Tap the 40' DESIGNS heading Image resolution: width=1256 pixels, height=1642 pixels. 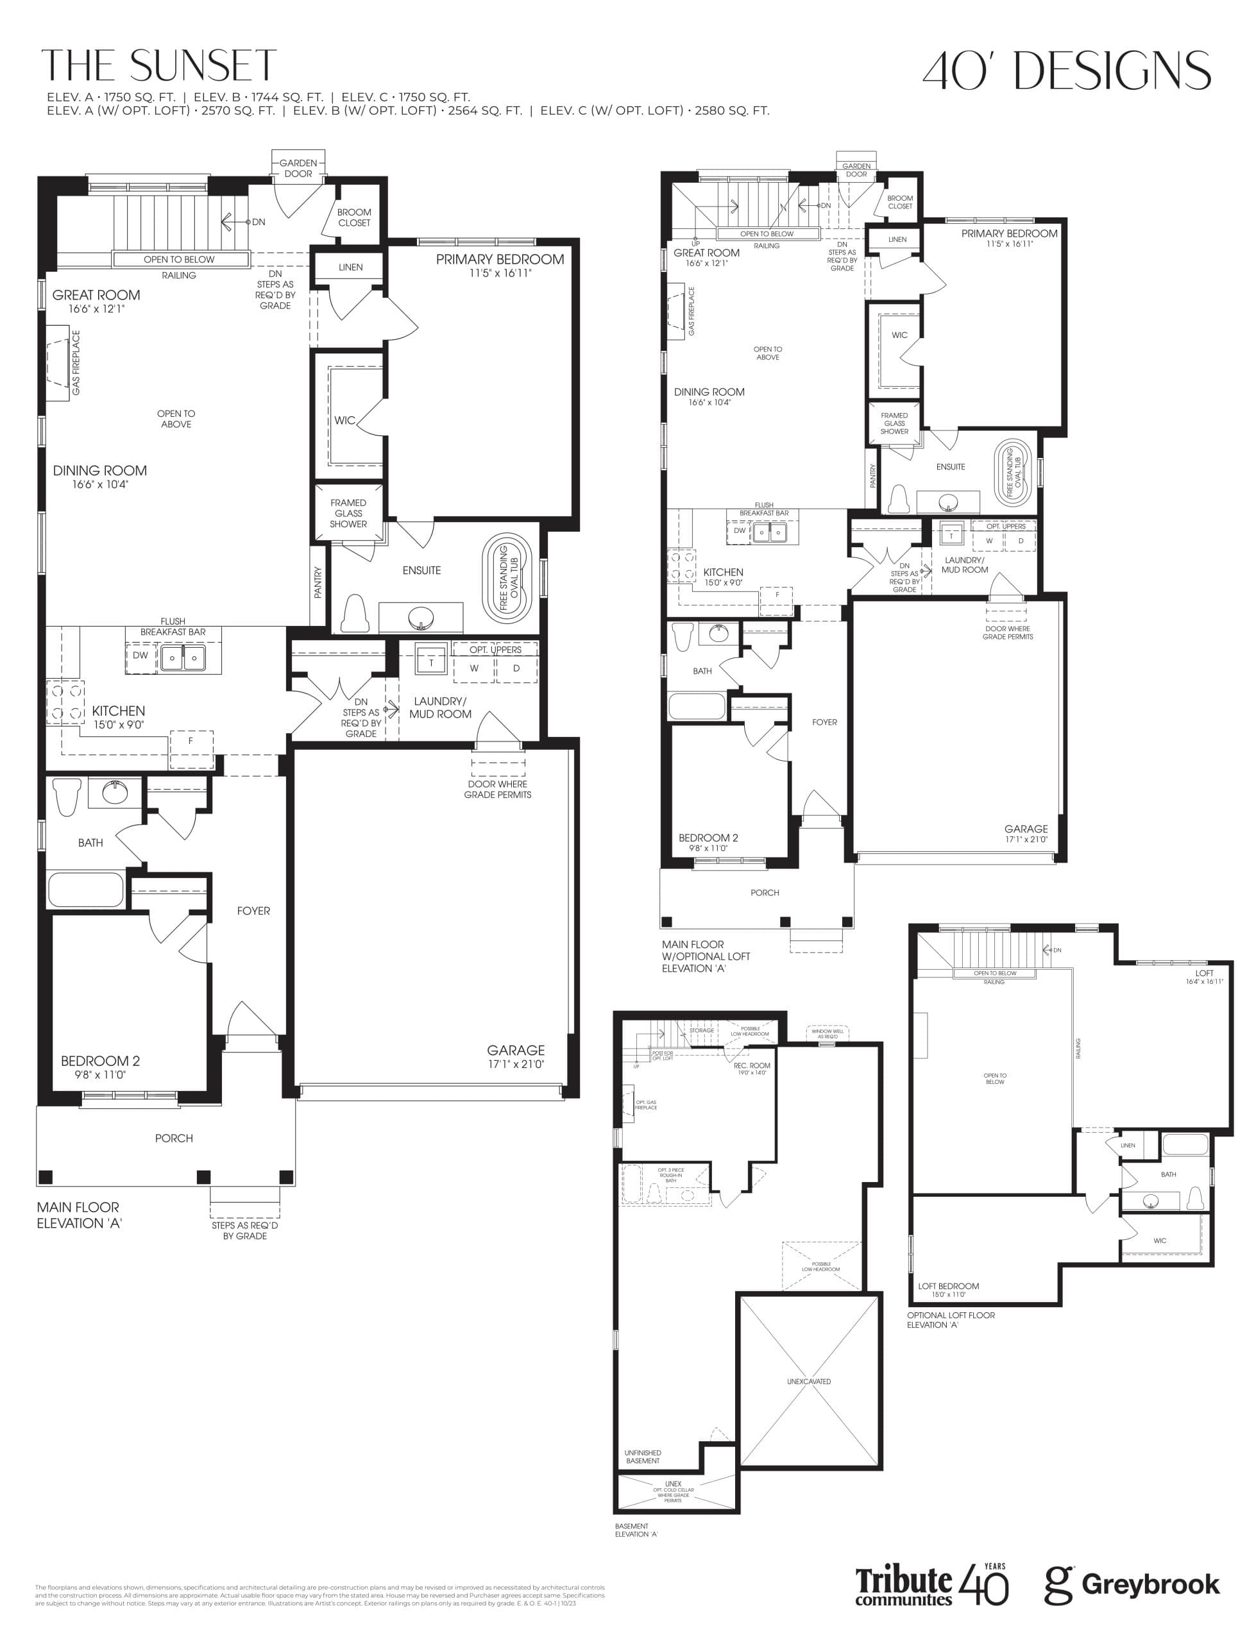1066,71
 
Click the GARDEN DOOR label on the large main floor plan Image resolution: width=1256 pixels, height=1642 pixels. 298,168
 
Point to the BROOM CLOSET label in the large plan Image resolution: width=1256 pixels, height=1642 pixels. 353,217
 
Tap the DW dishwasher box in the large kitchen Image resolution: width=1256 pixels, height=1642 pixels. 140,656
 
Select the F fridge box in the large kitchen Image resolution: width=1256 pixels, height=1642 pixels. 191,741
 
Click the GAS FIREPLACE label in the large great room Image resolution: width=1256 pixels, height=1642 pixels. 76,362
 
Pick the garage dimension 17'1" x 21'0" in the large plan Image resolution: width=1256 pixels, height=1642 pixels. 516,1063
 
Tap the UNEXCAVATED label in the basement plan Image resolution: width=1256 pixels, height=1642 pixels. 808,1381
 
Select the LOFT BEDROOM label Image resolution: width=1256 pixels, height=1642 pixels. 948,1286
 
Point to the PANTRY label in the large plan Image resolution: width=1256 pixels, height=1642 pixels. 318,582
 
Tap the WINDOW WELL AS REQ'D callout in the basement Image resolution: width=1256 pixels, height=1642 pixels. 827,1034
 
